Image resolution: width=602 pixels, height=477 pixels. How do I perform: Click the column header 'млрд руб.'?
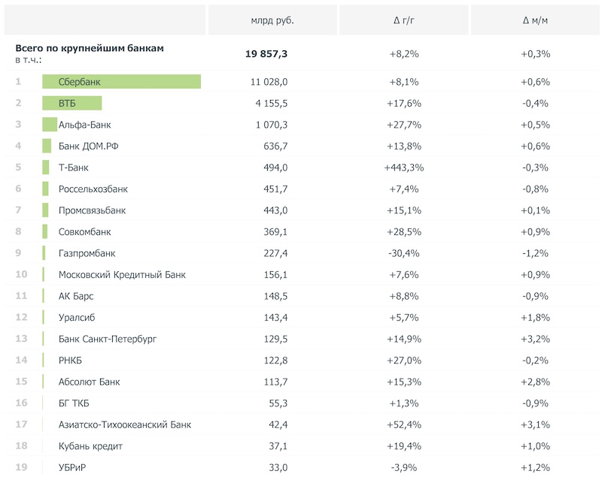272,20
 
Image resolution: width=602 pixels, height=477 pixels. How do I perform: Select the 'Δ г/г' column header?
403,20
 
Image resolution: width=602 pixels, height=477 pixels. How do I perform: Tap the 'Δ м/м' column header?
535,20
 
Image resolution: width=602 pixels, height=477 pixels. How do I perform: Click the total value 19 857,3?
266,54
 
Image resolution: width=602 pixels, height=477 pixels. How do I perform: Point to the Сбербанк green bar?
121,82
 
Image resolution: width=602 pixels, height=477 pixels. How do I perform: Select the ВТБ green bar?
71,104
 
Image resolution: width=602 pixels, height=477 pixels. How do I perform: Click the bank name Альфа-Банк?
84,125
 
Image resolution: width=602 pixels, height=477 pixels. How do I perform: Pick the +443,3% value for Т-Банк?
403,168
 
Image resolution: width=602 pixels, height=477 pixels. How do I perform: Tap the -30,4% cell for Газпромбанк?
403,253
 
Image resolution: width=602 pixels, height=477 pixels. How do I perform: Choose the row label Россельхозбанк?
93,189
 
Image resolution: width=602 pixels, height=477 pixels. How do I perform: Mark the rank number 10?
21,275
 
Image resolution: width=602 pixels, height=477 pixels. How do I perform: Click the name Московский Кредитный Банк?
122,275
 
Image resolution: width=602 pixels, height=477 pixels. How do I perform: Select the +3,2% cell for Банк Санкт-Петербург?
535,340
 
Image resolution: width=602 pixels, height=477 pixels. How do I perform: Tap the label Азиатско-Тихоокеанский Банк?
125,425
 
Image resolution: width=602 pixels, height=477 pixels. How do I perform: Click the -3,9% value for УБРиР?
403,468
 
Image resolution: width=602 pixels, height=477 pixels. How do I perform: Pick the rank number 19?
21,468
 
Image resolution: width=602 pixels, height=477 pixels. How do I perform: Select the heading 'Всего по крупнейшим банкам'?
90,48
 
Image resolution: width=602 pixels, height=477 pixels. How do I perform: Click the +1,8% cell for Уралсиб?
535,318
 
